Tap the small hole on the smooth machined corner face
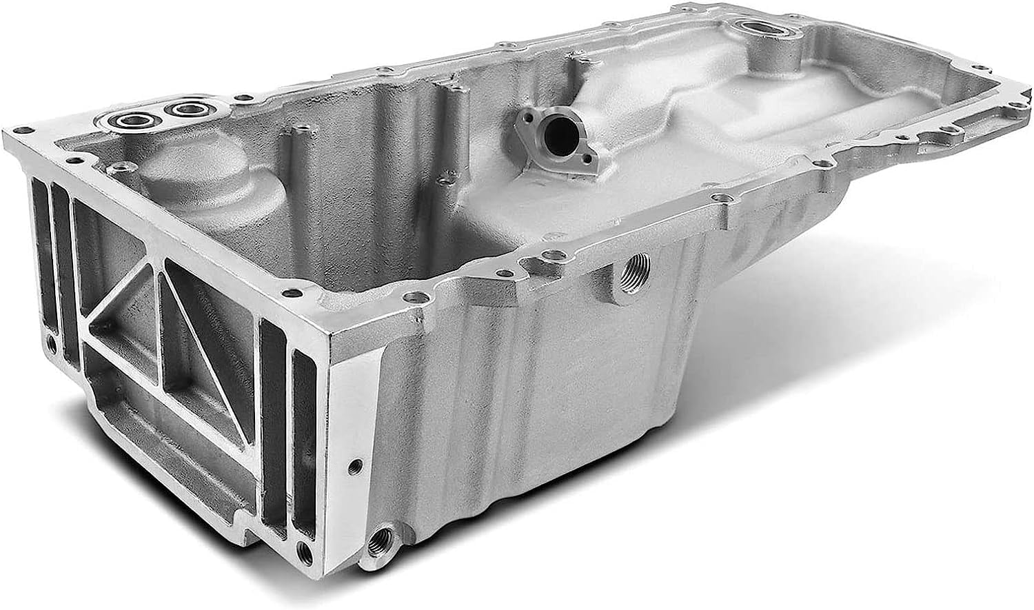pyautogui.click(x=354, y=464)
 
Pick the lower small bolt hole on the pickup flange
pyautogui.click(x=587, y=159)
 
